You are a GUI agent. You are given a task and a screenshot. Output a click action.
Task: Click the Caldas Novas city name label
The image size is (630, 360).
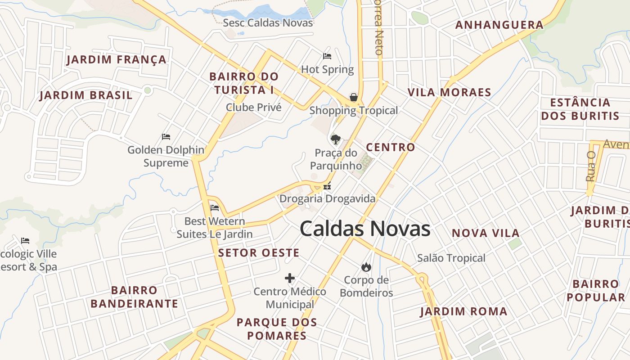click(365, 229)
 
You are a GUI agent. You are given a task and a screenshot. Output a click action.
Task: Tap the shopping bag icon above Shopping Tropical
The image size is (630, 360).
click(354, 97)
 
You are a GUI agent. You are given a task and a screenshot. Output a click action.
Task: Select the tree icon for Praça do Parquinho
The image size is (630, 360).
click(335, 139)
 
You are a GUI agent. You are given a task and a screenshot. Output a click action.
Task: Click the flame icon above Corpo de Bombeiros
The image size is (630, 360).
click(366, 267)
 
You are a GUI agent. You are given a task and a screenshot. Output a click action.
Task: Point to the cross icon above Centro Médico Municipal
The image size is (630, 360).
click(290, 278)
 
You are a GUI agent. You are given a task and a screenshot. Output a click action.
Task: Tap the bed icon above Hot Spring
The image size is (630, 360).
click(327, 56)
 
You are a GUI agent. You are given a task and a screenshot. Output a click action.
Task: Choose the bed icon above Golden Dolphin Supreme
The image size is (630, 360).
click(166, 136)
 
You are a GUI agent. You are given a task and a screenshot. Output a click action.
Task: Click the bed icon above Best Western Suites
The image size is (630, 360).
click(215, 208)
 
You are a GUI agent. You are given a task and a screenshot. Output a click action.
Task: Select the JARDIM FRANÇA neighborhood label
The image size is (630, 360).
click(116, 59)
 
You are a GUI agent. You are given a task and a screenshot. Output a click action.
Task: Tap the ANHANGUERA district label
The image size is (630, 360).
click(499, 25)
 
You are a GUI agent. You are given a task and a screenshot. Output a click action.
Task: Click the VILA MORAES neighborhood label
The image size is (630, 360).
click(449, 92)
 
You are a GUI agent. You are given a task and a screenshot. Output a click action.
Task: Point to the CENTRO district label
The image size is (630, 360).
click(390, 147)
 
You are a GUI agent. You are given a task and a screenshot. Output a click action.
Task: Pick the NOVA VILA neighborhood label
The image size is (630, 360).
click(486, 233)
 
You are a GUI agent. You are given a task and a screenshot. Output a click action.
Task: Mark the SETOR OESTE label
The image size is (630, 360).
click(259, 253)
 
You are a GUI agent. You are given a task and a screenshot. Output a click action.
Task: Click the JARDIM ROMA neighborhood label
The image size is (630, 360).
click(463, 311)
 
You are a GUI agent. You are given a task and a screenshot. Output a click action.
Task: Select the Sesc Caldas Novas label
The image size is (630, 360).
click(268, 22)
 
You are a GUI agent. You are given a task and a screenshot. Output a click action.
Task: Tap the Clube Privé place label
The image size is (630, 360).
click(253, 108)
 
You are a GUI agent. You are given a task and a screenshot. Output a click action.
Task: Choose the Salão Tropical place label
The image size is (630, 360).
click(451, 258)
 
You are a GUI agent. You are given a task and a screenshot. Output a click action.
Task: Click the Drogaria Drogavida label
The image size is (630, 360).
click(327, 198)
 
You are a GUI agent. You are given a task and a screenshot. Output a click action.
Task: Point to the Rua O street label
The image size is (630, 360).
click(591, 166)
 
